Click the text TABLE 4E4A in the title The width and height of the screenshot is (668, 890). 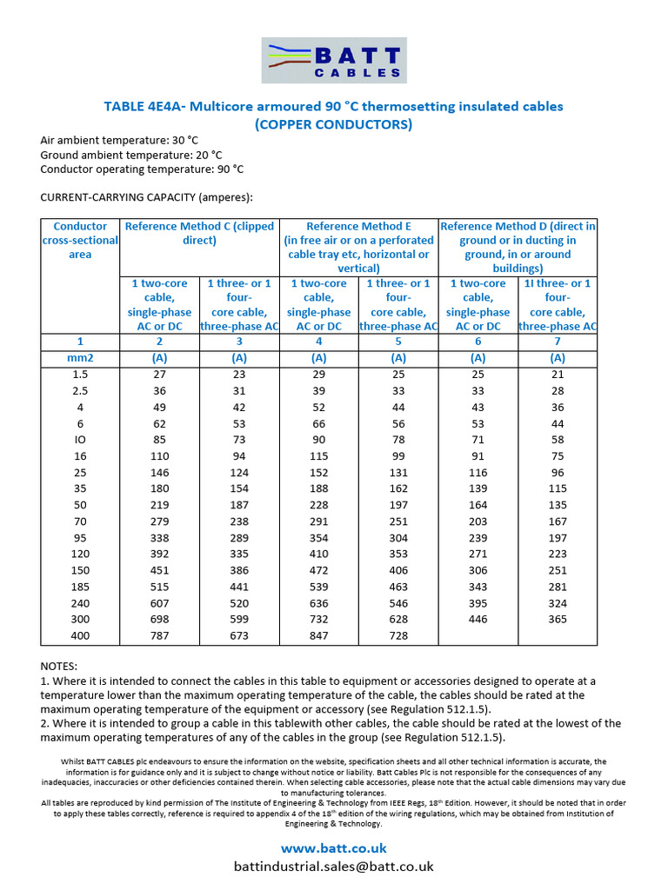coord(144,106)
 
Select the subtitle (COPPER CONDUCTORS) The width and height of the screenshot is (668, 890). coord(333,124)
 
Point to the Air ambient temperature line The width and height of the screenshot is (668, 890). coord(119,140)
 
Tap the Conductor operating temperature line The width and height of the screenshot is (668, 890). coord(142,169)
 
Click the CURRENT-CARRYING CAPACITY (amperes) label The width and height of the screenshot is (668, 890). coord(146,197)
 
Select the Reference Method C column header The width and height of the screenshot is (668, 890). coord(199,233)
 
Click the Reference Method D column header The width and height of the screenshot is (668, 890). coord(518,247)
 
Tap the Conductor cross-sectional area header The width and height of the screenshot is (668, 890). coord(80,240)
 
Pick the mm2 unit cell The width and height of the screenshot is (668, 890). coord(80,357)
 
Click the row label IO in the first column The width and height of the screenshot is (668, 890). coord(80,439)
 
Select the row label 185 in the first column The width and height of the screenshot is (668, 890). coord(80,587)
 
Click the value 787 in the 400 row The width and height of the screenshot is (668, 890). coord(159,636)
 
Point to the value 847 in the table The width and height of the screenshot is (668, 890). coord(318,636)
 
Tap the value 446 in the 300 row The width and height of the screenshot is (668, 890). coord(478,620)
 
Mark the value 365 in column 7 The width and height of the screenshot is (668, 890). coord(558,620)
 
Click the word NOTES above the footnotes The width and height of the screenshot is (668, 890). coord(59,666)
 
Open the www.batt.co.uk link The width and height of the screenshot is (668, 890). coord(334,847)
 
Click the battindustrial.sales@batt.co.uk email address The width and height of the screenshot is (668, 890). coord(334,866)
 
